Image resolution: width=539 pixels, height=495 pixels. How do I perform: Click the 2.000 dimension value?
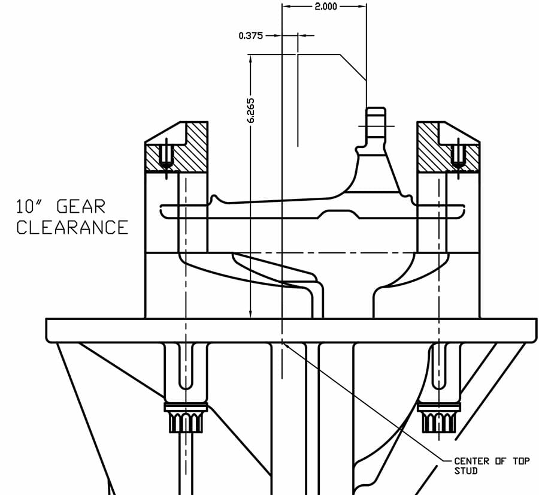coord(326,6)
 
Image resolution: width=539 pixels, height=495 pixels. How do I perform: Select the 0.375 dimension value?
coord(250,35)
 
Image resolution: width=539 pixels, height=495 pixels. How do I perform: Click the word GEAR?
coord(81,206)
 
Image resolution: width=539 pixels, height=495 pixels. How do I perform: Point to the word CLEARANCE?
coord(72,227)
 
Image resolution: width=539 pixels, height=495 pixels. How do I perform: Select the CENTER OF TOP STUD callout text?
coord(492,466)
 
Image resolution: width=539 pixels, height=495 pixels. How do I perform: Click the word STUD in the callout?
coord(466,470)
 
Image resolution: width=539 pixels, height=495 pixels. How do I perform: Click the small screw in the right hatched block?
coord(458,155)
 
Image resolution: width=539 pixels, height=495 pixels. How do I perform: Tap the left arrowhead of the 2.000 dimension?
coord(286,6)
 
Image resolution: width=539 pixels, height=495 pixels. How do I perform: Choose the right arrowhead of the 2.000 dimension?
coord(362,6)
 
